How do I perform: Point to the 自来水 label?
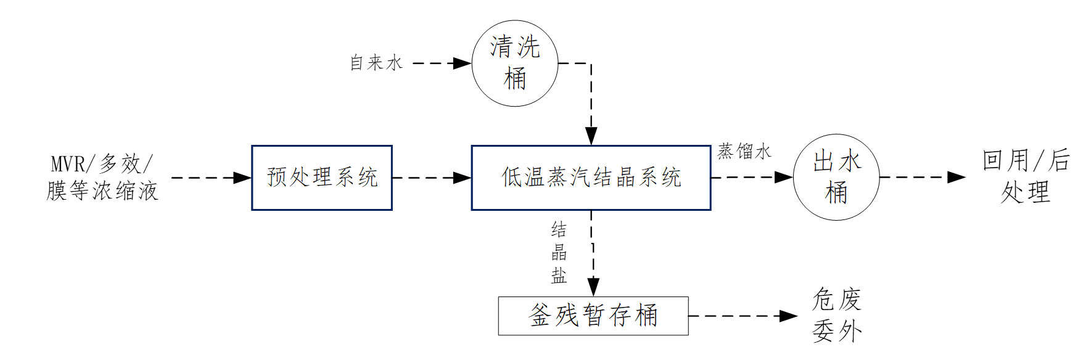pyautogui.click(x=376, y=63)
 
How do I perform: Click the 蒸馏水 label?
pyautogui.click(x=744, y=152)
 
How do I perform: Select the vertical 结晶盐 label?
pyautogui.click(x=559, y=253)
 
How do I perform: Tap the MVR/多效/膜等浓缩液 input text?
pyautogui.click(x=102, y=178)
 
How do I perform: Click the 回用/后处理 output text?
pyautogui.click(x=1026, y=177)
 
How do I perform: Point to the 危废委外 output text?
pyautogui.click(x=837, y=315)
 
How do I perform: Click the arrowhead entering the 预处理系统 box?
pyautogui.click(x=242, y=178)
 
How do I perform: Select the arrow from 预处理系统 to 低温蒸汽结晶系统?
pyautogui.click(x=432, y=178)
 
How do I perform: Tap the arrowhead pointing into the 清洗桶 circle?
pyautogui.click(x=463, y=63)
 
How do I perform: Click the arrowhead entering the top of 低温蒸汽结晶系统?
pyautogui.click(x=591, y=136)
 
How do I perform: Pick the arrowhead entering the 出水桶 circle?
pyautogui.click(x=784, y=178)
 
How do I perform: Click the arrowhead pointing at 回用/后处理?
pyautogui.click(x=957, y=178)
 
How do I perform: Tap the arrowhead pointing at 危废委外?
pyautogui.click(x=789, y=316)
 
